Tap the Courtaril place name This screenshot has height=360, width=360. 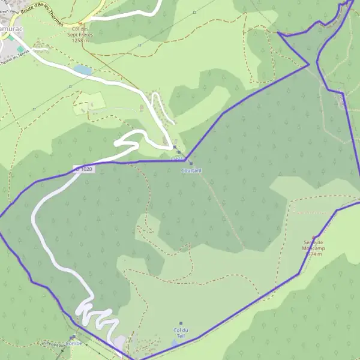click(x=191, y=170)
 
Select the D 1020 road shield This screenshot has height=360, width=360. click(x=84, y=170)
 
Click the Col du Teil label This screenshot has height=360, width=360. click(x=181, y=333)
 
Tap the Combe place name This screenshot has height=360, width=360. click(x=73, y=344)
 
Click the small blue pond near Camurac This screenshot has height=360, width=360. click(x=83, y=70)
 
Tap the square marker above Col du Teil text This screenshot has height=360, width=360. click(x=181, y=323)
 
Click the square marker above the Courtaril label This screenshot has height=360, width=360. click(x=191, y=163)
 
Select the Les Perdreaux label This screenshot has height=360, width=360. click(x=52, y=344)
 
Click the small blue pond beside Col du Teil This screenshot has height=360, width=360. click(x=174, y=343)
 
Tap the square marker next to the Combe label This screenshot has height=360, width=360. click(x=73, y=337)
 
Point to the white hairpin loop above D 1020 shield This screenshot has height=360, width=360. click(x=127, y=142)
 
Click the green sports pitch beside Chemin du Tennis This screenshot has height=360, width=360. click(x=20, y=49)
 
